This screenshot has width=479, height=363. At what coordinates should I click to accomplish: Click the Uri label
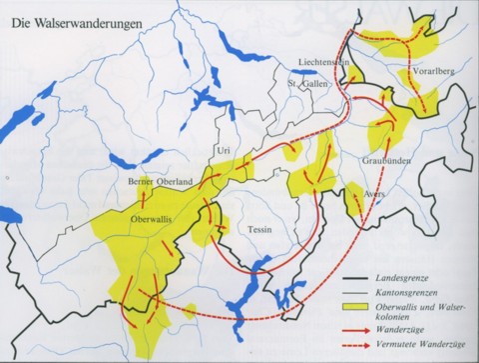224,150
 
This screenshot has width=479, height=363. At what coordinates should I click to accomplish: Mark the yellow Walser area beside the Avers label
353,198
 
